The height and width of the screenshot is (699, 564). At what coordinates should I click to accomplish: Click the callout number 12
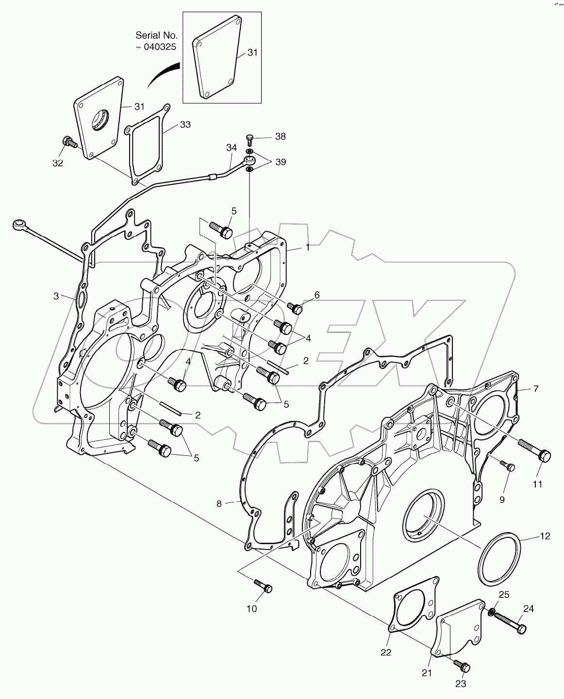click(545, 536)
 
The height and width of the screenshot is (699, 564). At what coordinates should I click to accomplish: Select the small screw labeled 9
click(508, 466)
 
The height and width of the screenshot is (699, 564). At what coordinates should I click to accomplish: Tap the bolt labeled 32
click(69, 143)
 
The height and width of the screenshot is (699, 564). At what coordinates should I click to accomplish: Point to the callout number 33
click(185, 125)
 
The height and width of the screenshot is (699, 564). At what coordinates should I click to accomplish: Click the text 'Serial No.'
click(156, 35)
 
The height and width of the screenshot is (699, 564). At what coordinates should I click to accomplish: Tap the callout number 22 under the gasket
click(385, 652)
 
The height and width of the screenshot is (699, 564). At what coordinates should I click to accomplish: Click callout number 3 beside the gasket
click(56, 295)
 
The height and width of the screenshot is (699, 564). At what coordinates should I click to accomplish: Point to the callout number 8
click(219, 504)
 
